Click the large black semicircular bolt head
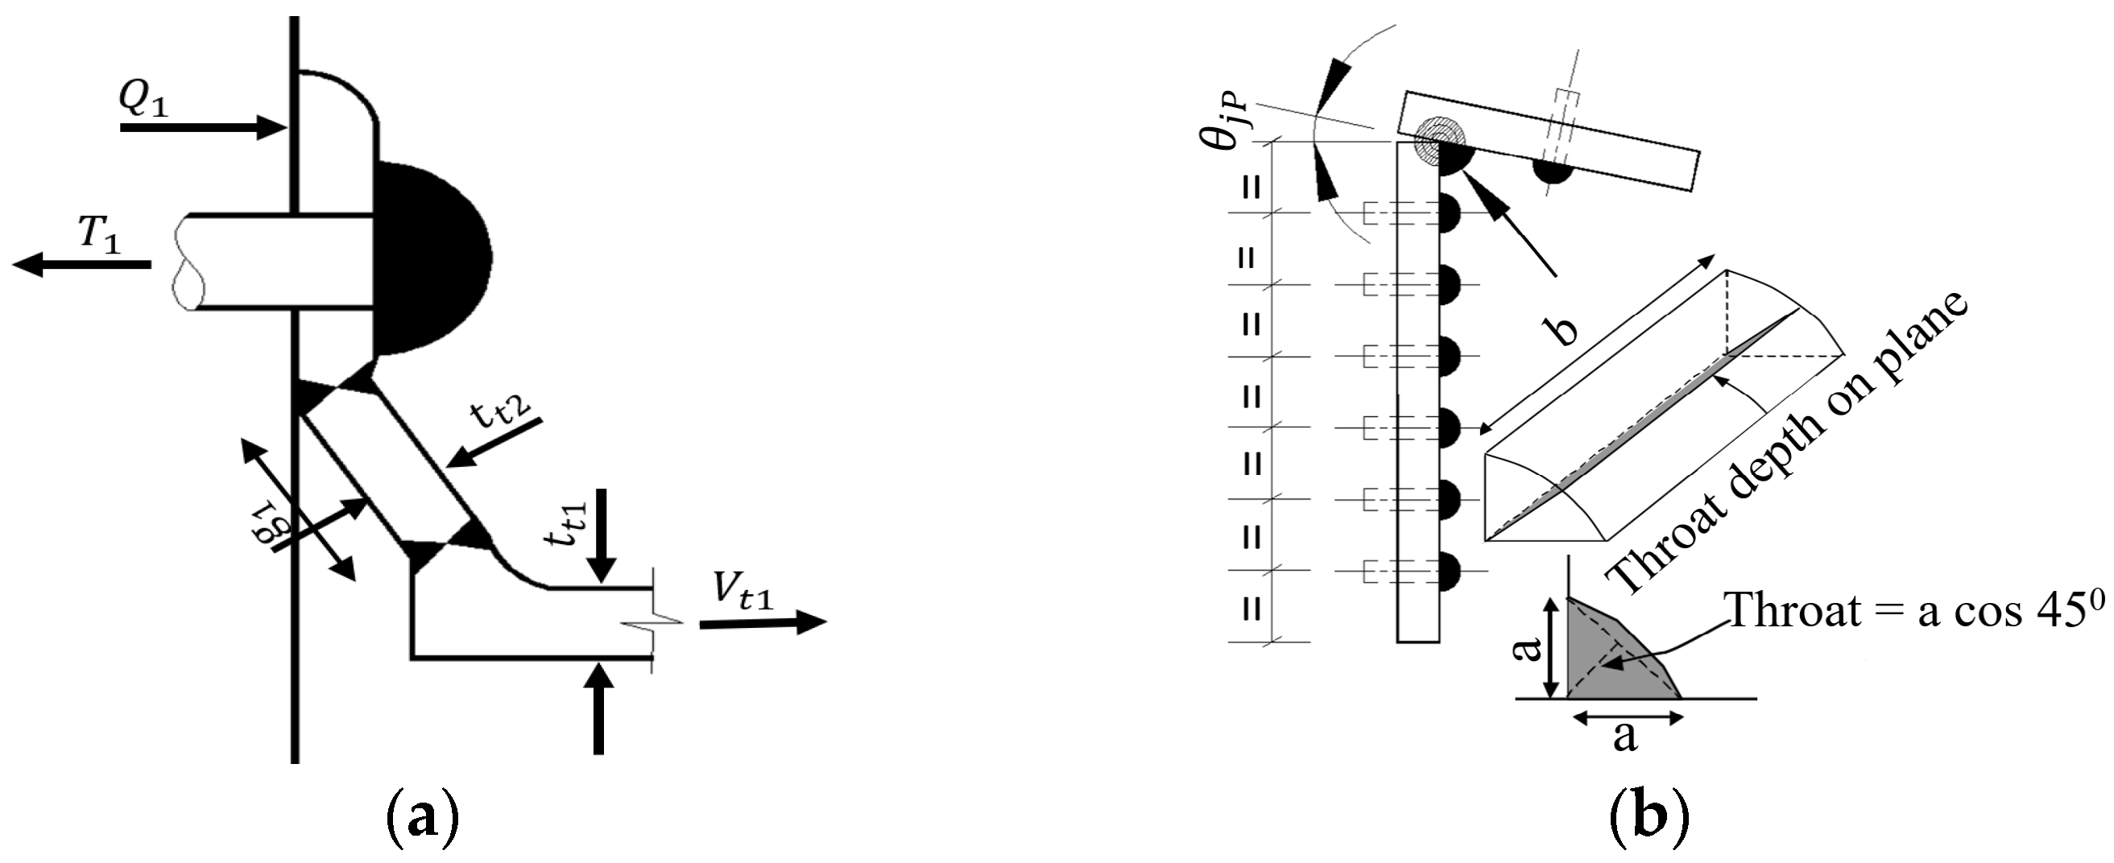(431, 259)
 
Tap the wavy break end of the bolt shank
(187, 262)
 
